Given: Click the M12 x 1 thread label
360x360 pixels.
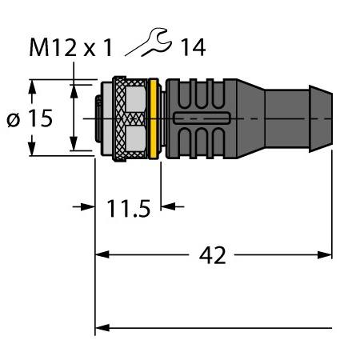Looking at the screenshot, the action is [71, 47].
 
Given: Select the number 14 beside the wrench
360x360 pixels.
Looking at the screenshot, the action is [193, 47].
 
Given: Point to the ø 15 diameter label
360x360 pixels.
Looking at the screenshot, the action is [30, 118].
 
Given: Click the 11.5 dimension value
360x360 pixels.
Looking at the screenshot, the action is [129, 208].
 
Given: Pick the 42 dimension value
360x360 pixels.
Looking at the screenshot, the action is [212, 255].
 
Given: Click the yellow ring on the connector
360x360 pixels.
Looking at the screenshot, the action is [153, 118].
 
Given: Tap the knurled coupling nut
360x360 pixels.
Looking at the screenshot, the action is [130, 118].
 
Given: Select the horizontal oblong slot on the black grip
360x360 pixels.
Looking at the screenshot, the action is [202, 118].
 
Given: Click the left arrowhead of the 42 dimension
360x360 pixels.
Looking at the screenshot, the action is [102, 254].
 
